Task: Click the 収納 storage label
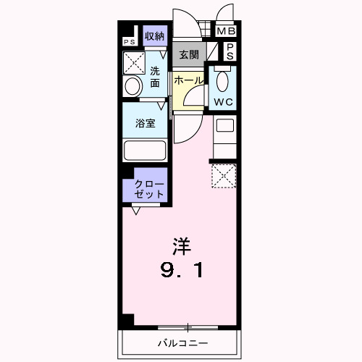153,36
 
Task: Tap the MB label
227,31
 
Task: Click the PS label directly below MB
229,51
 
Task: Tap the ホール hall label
188,80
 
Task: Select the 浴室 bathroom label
146,123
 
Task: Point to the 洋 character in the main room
181,246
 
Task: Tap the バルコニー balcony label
182,342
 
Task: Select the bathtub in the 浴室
146,151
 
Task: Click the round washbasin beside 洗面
132,87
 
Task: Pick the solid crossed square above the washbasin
135,63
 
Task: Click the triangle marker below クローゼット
136,211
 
